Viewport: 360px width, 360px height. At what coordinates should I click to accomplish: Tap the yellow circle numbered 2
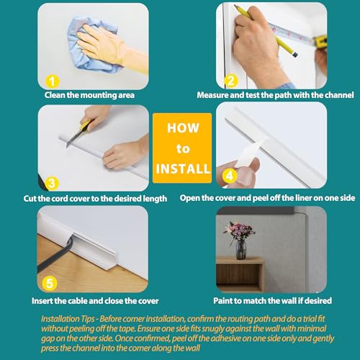[231, 81]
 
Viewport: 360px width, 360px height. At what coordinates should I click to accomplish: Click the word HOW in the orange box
[182, 128]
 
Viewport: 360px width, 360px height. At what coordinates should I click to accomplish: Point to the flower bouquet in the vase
[240, 232]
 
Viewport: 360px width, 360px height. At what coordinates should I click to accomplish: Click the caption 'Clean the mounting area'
[89, 94]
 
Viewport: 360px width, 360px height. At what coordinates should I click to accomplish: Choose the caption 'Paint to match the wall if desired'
[266, 300]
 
